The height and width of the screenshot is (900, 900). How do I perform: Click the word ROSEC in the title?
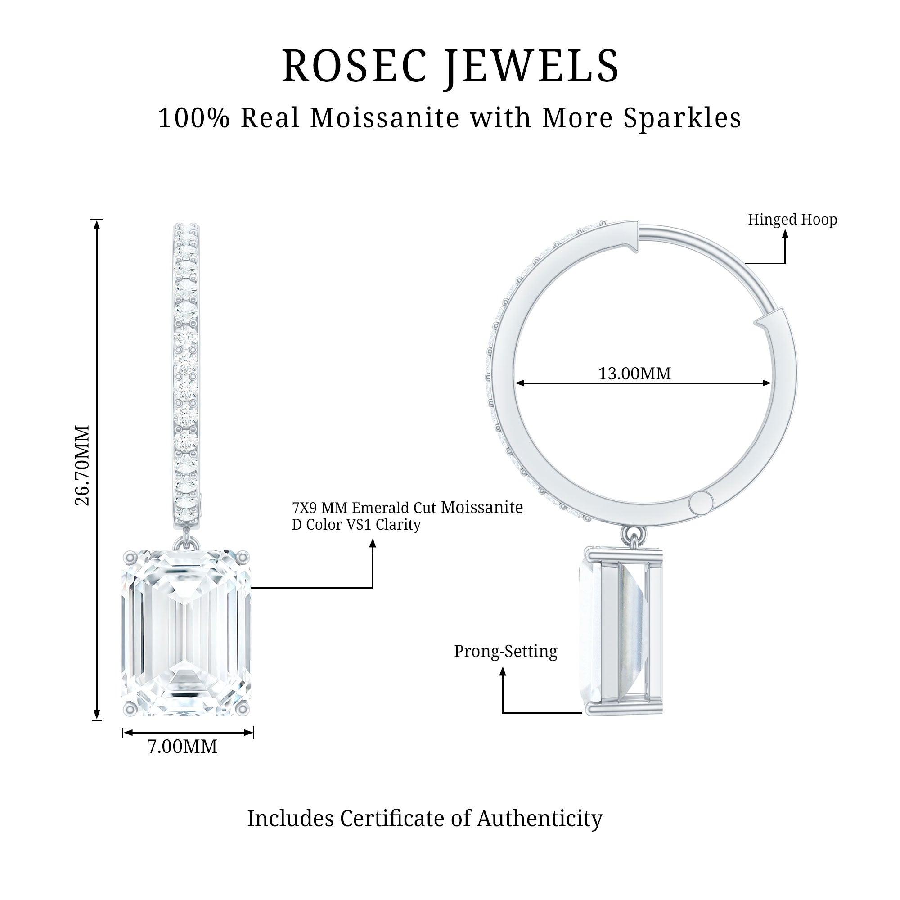click(355, 66)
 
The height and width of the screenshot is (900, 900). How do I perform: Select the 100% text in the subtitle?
click(194, 118)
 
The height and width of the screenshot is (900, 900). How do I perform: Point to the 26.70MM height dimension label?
click(82, 465)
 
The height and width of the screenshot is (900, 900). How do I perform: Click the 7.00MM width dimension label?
click(182, 747)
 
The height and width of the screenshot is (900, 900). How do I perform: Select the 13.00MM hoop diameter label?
click(634, 373)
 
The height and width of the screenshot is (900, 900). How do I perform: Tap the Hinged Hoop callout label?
click(792, 220)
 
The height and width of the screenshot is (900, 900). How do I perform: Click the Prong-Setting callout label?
click(505, 651)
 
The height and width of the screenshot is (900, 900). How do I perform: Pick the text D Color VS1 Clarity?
click(356, 525)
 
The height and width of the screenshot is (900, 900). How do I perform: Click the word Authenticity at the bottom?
click(540, 819)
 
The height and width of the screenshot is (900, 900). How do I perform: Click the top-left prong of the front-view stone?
click(130, 556)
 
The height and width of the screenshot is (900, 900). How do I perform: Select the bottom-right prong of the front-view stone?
click(243, 709)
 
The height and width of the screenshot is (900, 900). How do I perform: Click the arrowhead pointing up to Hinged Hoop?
click(785, 234)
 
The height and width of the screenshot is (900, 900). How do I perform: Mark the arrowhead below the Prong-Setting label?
click(503, 672)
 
